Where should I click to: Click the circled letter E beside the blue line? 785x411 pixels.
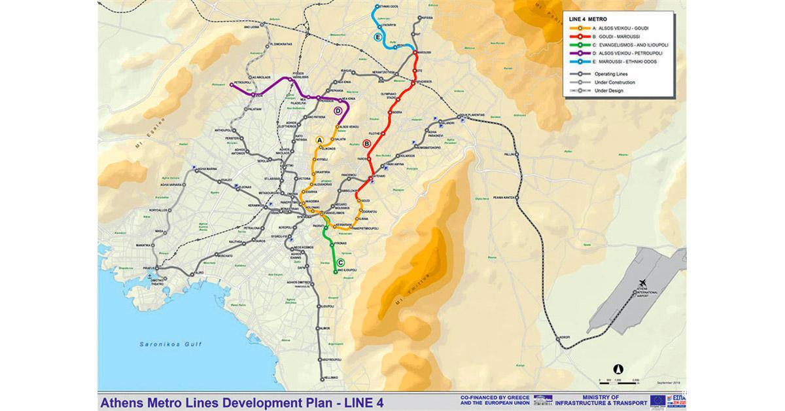(x=377, y=37)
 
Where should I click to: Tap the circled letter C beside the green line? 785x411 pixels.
(x=340, y=262)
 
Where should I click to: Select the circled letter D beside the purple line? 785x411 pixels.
(x=338, y=111)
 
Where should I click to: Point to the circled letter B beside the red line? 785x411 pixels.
(x=366, y=143)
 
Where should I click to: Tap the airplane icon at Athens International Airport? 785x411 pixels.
(x=643, y=281)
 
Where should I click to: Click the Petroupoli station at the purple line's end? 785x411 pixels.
(x=232, y=84)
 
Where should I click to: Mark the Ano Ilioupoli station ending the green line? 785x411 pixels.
(x=336, y=272)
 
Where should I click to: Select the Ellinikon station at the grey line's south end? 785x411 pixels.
(x=323, y=378)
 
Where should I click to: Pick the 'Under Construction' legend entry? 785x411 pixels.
(x=614, y=82)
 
